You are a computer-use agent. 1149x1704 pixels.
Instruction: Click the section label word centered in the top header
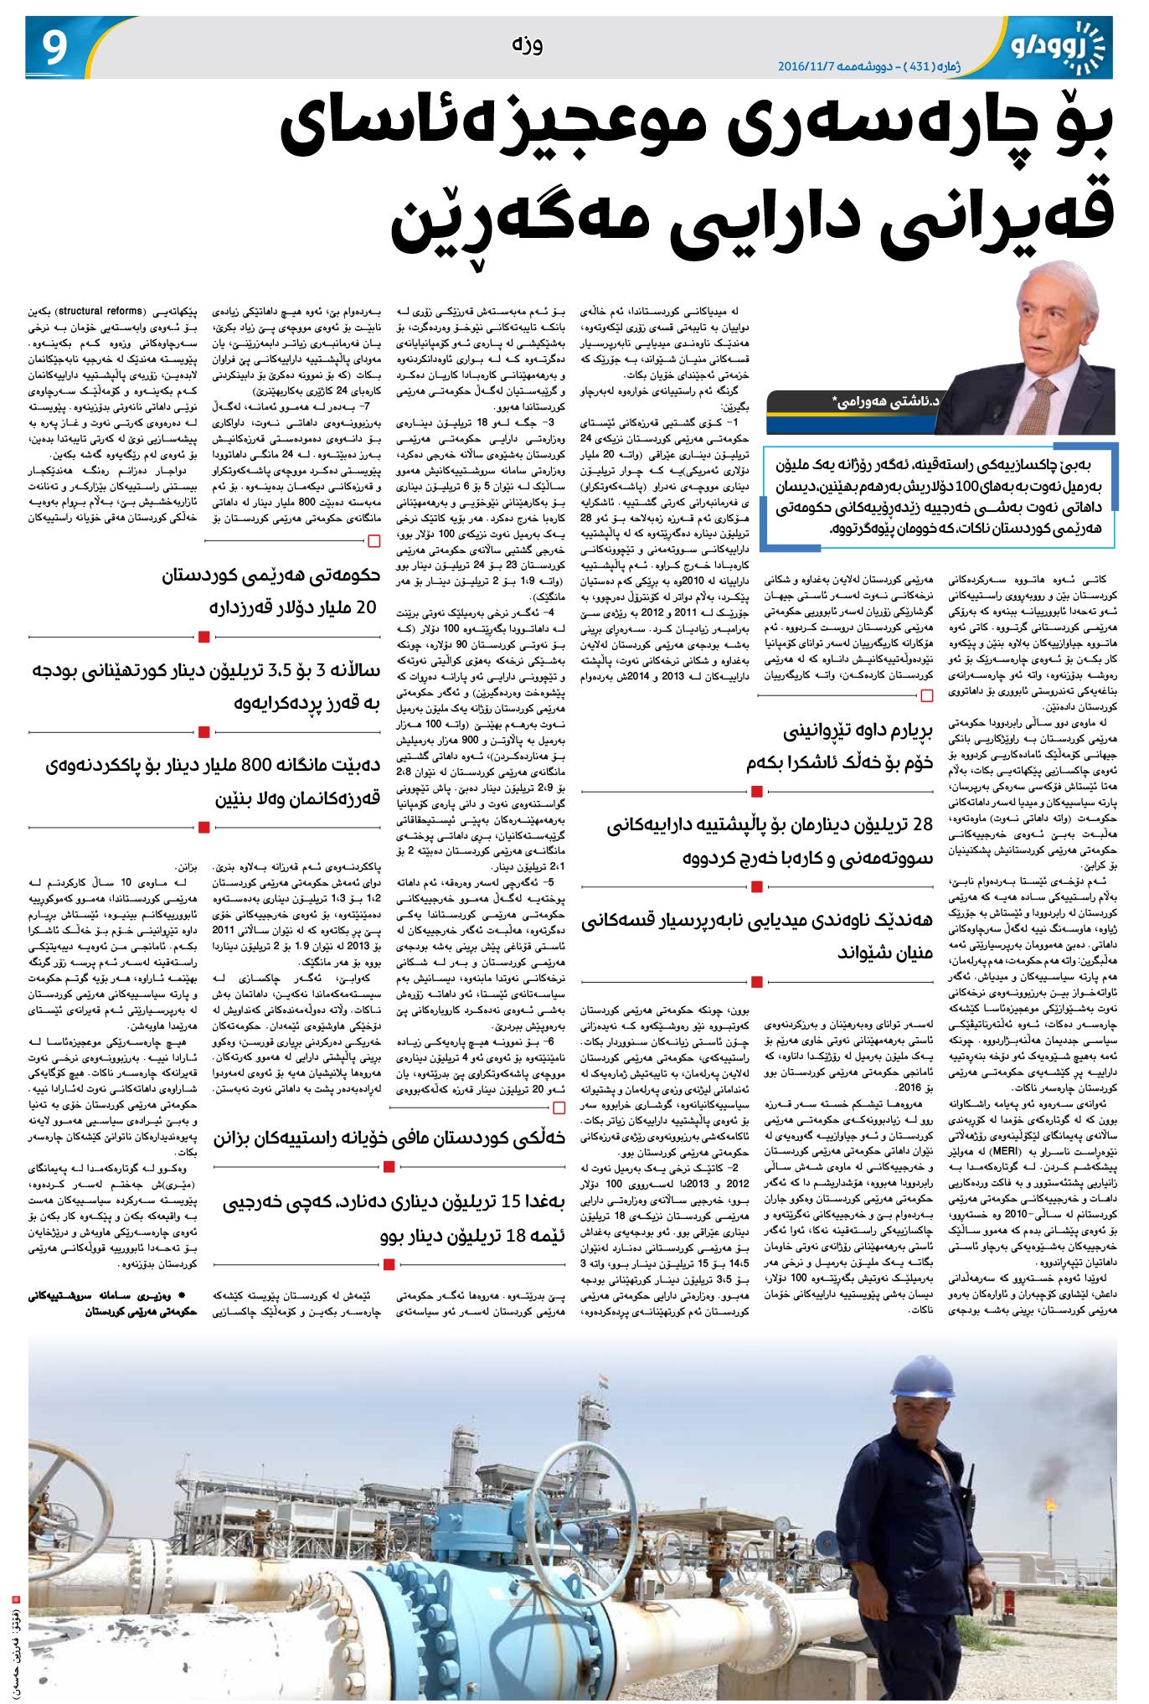(x=527, y=45)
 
